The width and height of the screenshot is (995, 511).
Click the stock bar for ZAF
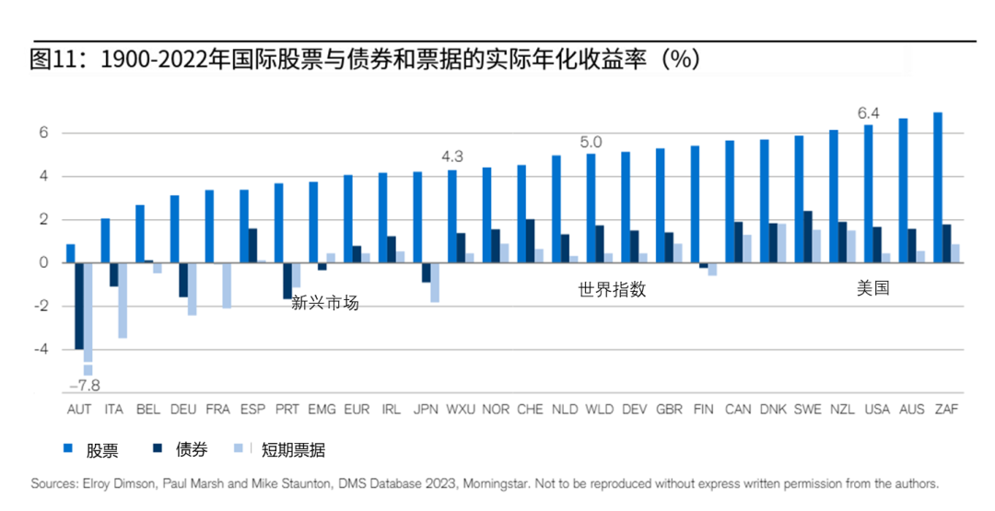click(937, 188)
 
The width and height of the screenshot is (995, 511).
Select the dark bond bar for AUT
click(79, 306)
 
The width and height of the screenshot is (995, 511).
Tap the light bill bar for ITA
click(123, 300)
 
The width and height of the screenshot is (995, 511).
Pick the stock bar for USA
click(868, 194)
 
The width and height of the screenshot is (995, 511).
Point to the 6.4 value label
click(868, 113)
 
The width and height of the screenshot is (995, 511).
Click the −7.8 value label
click(86, 385)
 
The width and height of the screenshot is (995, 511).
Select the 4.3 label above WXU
click(452, 157)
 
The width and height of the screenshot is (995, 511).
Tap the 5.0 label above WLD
click(591, 143)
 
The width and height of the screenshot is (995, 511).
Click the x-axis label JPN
click(426, 409)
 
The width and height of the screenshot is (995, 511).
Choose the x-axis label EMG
click(322, 409)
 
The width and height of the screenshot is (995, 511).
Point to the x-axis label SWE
click(807, 409)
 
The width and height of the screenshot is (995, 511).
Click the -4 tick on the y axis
click(42, 350)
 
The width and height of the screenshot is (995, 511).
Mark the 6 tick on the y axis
click(42, 134)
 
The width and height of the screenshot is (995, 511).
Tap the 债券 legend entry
click(192, 450)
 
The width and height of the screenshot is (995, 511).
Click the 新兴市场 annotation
click(324, 303)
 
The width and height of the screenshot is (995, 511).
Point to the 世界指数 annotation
click(612, 289)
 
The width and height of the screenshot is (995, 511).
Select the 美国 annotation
click(872, 288)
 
